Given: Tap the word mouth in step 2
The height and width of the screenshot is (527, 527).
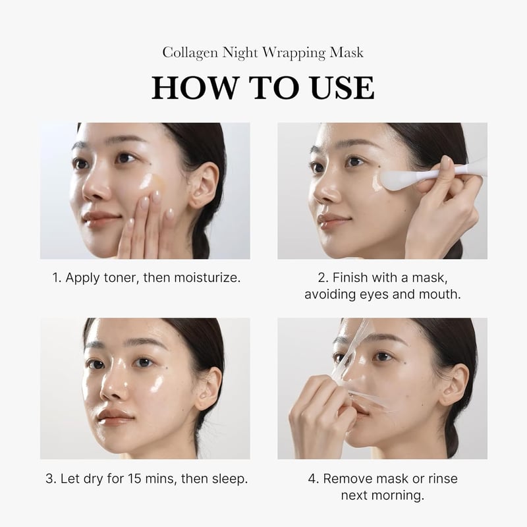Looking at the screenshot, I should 441,294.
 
